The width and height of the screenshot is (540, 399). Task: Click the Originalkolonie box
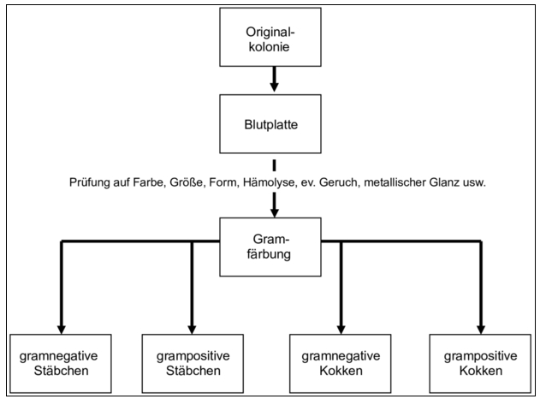pos(270,37)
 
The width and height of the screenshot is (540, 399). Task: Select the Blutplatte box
pos(270,124)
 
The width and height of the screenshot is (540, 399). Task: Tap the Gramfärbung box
pos(270,247)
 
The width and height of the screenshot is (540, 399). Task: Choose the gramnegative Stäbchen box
pos(61,364)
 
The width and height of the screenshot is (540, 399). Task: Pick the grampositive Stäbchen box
pos(193,364)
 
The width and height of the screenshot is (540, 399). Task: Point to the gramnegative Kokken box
pos(341,364)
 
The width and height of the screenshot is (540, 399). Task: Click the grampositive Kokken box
pos(480,364)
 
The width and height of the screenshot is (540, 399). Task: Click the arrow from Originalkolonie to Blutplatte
pos(274,80)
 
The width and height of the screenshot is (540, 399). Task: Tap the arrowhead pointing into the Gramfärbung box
pos(274,212)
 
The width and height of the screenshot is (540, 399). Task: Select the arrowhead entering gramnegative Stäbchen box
pos(62,330)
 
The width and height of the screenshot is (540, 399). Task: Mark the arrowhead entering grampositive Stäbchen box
pos(193,330)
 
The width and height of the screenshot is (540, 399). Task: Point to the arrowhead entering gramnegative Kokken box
pos(341,330)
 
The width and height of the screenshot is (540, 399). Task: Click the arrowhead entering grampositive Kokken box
pos(481,330)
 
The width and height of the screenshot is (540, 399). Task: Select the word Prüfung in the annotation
pos(89,182)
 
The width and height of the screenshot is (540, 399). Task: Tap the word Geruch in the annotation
pos(340,182)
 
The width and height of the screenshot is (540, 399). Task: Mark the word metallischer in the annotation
pos(395,182)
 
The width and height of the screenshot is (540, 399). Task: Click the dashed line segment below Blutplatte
pos(274,165)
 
